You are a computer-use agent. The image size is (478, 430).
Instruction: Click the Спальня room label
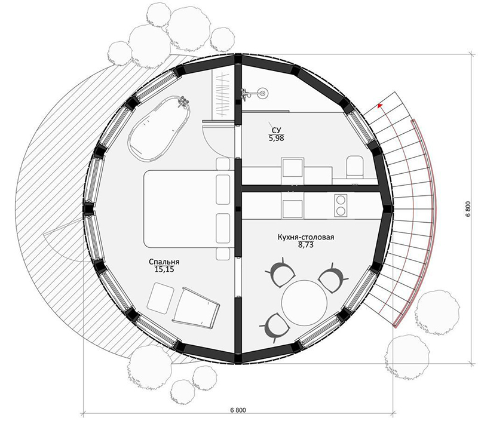[x=164, y=262]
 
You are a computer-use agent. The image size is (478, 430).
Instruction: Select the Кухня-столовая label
[x=306, y=237]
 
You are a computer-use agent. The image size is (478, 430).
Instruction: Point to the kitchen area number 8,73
[x=306, y=245]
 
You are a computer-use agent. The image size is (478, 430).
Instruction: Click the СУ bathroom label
[x=276, y=130]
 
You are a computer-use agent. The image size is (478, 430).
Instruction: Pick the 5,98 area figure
[x=276, y=139]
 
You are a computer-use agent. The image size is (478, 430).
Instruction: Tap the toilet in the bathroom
[x=355, y=167]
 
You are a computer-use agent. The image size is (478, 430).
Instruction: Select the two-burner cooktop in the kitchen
[x=341, y=205]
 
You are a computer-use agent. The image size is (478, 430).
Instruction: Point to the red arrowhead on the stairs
[x=380, y=106]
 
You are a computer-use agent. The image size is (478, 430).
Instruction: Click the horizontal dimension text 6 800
[x=238, y=410]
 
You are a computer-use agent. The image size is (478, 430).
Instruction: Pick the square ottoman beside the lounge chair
[x=160, y=297]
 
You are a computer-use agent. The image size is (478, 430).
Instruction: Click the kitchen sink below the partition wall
[x=293, y=209]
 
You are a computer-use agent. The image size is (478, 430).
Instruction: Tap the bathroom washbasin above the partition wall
[x=293, y=168]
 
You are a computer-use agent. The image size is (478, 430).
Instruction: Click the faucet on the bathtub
[x=183, y=102]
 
